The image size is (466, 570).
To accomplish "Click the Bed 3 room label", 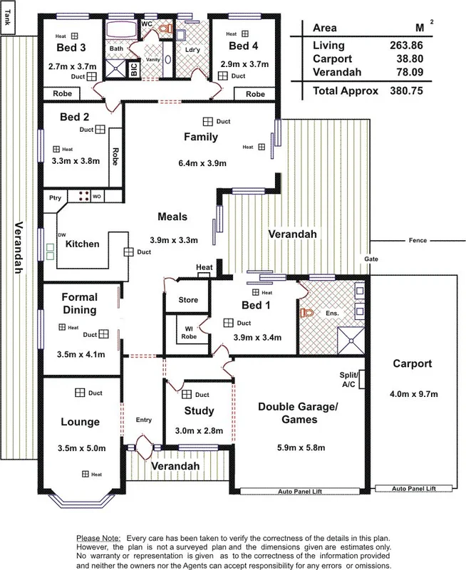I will [x=71, y=48].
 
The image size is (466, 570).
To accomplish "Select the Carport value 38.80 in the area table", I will [x=402, y=59].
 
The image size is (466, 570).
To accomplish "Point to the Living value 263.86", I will [x=402, y=45].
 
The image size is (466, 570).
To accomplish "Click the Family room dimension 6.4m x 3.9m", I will [x=202, y=163].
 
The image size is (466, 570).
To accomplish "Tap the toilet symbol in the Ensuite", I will [x=309, y=312].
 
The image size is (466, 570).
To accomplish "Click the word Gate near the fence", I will [x=371, y=258].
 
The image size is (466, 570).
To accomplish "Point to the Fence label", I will [x=418, y=240].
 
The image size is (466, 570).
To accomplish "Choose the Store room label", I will [x=188, y=299].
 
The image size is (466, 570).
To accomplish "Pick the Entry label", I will [x=144, y=420].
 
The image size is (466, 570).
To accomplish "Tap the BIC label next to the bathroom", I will [x=133, y=70].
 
